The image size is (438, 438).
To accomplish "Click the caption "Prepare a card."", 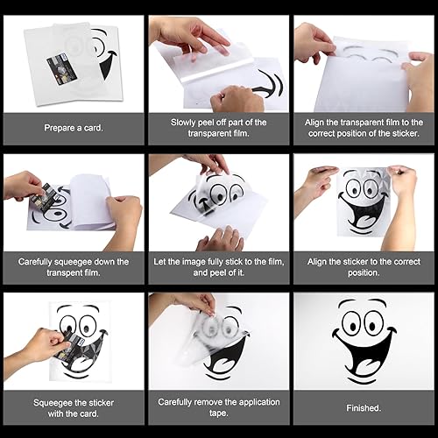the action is pos(74,128).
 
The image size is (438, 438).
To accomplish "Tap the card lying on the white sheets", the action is pos(61,69).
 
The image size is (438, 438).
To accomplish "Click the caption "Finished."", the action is pos(364,408).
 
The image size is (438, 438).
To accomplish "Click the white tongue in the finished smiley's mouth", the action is pos(365,366).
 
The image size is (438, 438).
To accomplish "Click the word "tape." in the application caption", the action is pos(219,413).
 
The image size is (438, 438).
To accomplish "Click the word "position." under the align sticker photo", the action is pos(364,272).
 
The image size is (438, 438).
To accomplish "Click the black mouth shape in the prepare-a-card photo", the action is pos(107,65).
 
